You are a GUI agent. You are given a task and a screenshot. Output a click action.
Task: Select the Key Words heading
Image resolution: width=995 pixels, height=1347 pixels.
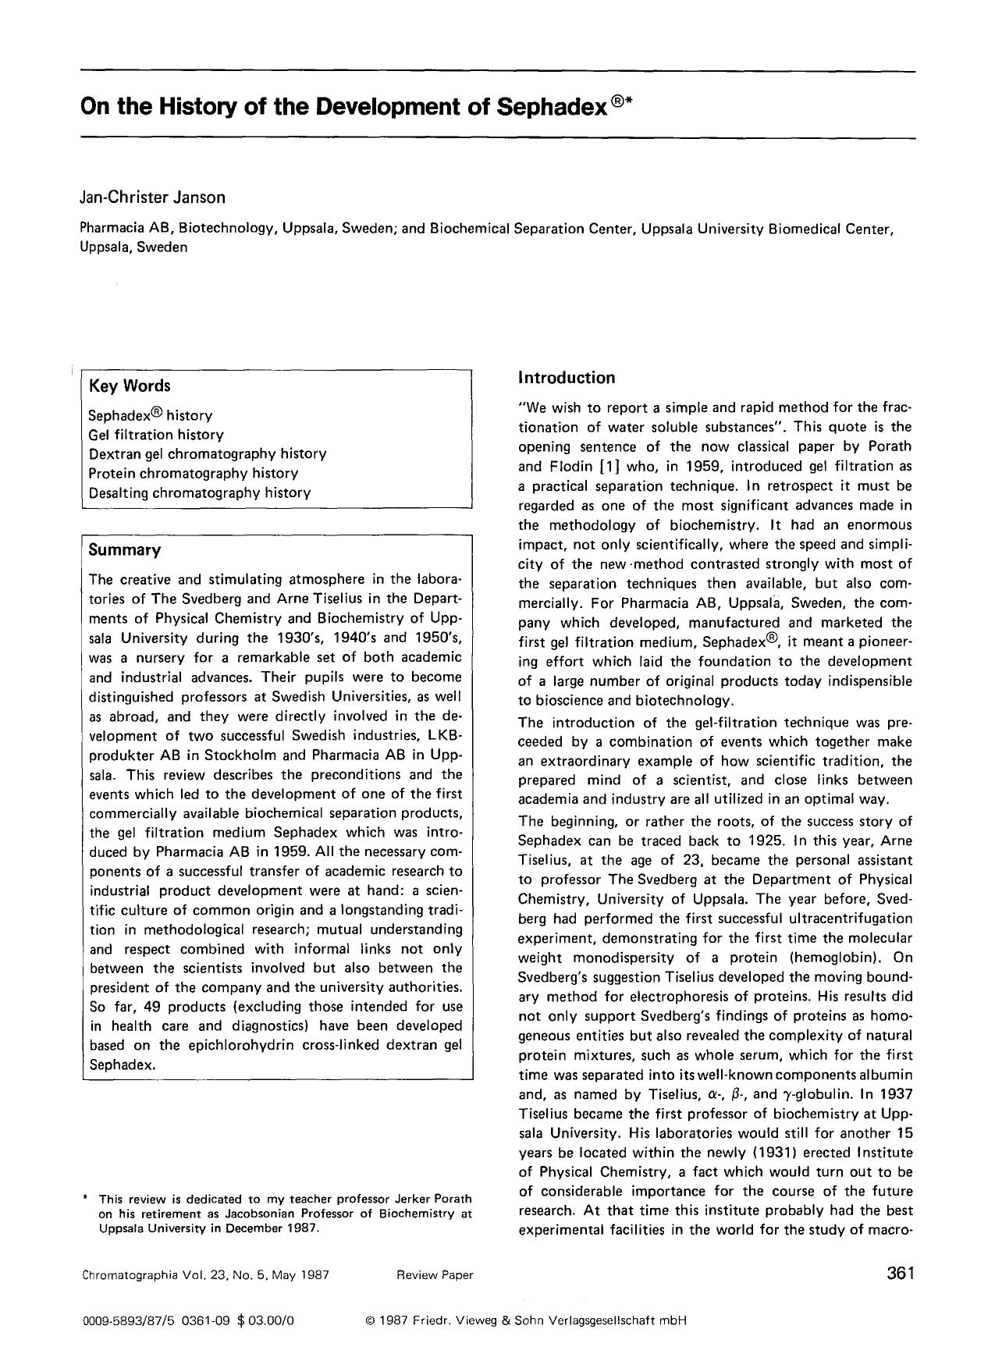(130, 386)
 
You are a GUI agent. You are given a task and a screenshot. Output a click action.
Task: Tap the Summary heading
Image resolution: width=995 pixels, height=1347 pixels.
(125, 550)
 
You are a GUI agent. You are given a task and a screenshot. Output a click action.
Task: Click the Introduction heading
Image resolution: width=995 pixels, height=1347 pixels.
(567, 379)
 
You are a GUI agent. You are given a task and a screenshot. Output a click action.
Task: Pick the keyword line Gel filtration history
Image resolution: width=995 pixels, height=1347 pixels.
(156, 435)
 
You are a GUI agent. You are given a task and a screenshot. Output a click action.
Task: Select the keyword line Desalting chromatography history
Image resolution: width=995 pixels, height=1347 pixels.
(200, 493)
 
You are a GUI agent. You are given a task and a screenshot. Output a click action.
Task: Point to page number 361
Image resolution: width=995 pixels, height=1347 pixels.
(899, 1274)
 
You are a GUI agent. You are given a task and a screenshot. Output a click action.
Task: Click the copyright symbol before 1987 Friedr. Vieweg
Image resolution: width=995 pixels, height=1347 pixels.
(370, 1321)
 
